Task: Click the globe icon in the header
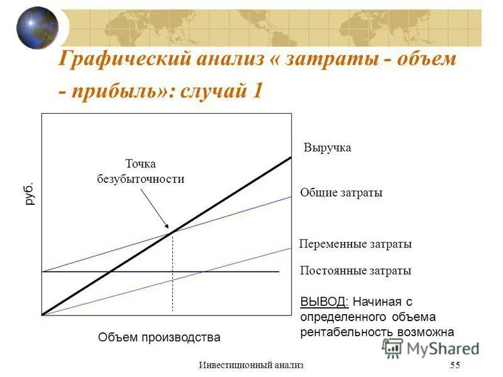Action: (x=36, y=28)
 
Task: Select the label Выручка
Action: (x=327, y=148)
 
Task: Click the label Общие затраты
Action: (x=341, y=192)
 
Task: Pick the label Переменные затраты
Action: (x=355, y=244)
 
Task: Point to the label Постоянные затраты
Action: (x=355, y=271)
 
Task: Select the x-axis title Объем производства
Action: (x=159, y=337)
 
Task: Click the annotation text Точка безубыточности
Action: (x=140, y=172)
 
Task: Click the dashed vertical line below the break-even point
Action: (x=172, y=276)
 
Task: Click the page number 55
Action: (x=455, y=366)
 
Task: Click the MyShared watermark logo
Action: (x=431, y=347)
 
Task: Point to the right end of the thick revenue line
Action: (x=290, y=157)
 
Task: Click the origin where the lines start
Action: (x=43, y=314)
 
